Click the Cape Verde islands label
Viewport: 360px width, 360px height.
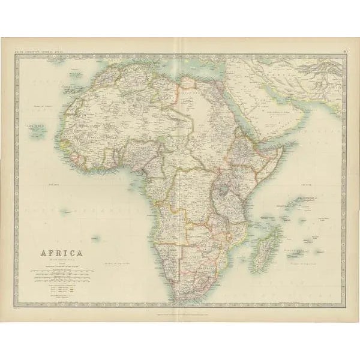point(32,127)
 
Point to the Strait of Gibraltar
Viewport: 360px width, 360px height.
point(98,69)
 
